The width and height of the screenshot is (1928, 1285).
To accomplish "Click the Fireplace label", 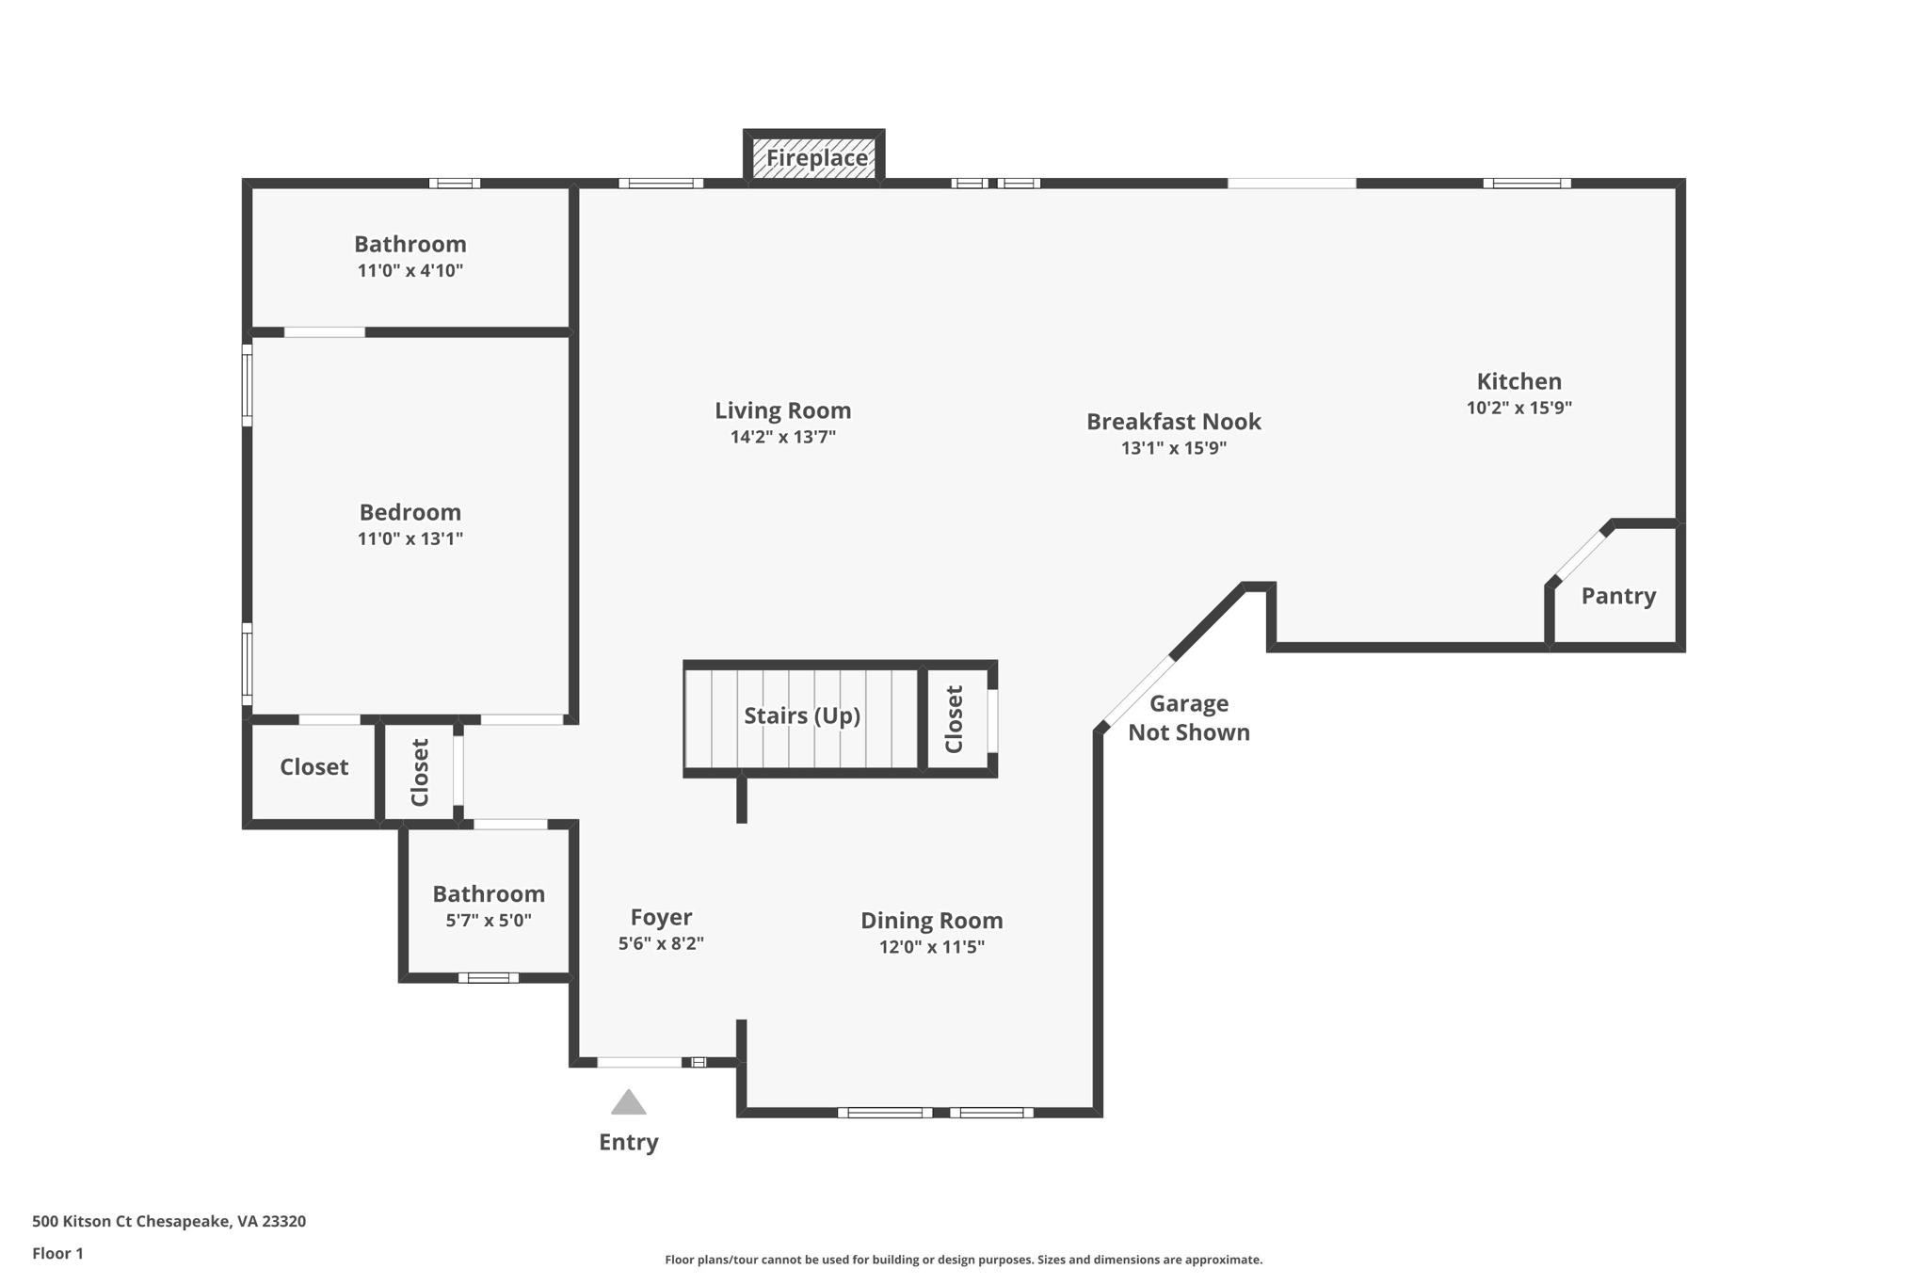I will click(x=816, y=158).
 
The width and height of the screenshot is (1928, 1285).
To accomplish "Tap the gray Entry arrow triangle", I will click(x=628, y=1103).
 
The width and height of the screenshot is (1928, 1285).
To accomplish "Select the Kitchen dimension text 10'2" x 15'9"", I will click(x=1518, y=408).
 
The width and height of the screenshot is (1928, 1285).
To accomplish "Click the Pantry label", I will click(x=1617, y=596).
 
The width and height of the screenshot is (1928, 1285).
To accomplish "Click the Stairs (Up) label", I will click(x=802, y=715).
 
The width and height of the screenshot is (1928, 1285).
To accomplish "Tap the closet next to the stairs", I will click(x=955, y=719).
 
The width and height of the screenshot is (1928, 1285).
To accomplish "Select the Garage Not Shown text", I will click(x=1188, y=717).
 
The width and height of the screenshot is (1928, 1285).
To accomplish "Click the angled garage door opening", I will click(x=1137, y=692).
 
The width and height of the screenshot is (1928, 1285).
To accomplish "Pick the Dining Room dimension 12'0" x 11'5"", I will click(x=931, y=947).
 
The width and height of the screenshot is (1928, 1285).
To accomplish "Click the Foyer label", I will click(x=661, y=917).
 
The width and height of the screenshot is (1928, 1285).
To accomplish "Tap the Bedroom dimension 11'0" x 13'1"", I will click(x=410, y=539).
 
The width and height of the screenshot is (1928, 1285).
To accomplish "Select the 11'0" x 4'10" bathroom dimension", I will click(x=410, y=271).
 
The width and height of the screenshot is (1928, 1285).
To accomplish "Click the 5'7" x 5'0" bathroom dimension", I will click(x=488, y=921).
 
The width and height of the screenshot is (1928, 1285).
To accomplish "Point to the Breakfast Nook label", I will click(x=1173, y=422).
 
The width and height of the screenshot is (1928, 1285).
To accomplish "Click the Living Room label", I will click(x=782, y=410).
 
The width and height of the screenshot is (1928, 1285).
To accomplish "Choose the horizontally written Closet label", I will click(x=313, y=767).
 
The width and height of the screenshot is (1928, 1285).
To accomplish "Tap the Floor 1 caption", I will click(x=57, y=1253).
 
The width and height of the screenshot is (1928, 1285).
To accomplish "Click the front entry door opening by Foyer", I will click(x=639, y=1063).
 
